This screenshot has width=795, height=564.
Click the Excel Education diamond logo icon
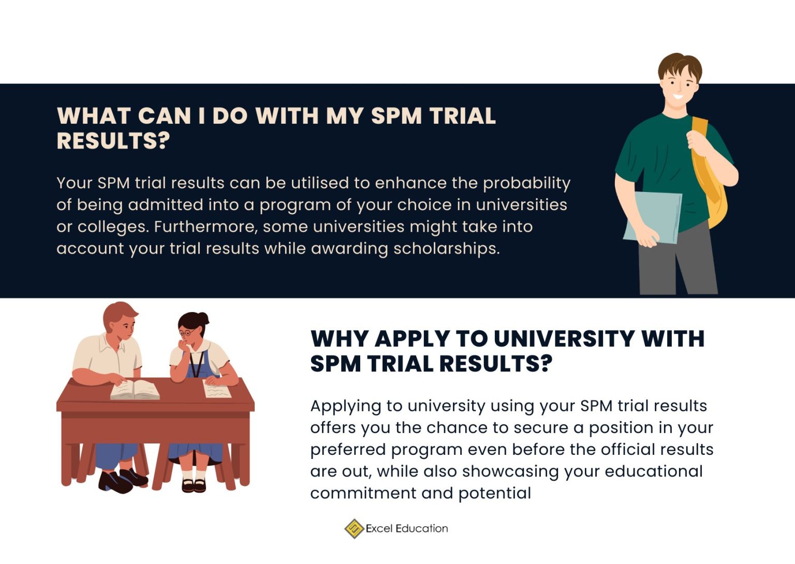tap(354, 528)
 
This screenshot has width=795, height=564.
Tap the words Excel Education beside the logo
tap(407, 528)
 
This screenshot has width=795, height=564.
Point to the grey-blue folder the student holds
tap(653, 216)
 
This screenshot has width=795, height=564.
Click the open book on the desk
tap(135, 389)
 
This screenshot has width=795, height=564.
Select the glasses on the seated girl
tap(186, 332)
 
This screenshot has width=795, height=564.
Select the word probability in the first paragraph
tap(526, 183)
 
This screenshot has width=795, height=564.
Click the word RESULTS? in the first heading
tap(113, 141)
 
